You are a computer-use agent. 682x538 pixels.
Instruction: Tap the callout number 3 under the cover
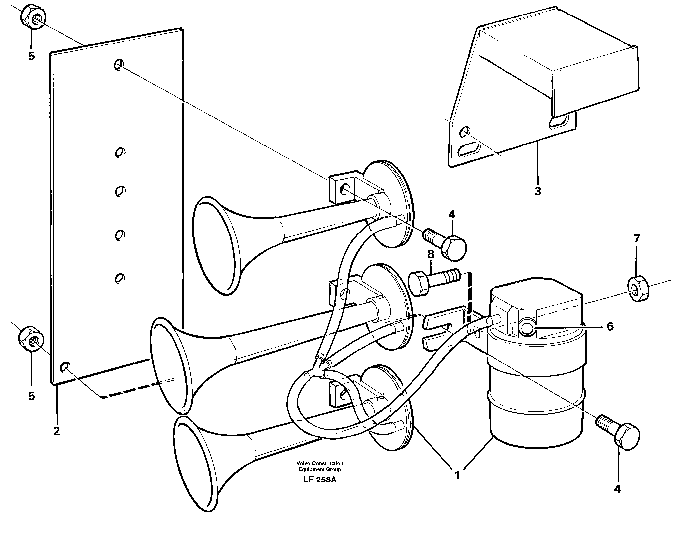pos(537,191)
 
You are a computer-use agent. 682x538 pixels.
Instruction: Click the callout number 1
pos(457,475)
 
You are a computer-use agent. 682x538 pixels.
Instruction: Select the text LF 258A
pos(320,480)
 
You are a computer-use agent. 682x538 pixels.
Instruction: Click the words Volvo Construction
pos(320,463)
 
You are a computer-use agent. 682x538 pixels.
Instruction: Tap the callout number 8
pos(430,254)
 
